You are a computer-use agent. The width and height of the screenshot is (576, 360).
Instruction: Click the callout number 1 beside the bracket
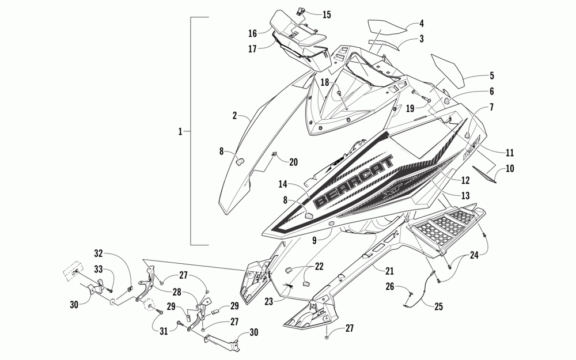click(180, 132)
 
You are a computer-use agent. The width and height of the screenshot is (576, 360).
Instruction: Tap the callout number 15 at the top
click(327, 14)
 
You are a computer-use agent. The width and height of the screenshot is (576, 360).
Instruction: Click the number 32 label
click(98, 253)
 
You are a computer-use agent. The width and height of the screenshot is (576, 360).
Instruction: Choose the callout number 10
click(510, 169)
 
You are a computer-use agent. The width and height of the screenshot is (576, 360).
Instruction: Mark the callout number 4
click(421, 24)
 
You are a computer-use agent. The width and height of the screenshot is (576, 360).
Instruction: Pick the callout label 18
click(325, 83)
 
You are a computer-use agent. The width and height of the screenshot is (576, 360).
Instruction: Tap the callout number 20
click(293, 162)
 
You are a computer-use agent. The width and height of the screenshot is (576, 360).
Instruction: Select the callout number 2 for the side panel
click(234, 116)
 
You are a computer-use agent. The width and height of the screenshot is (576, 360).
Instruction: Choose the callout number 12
click(465, 180)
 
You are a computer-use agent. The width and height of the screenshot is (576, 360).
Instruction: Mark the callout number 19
click(411, 107)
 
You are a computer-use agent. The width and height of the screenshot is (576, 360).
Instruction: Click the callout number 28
click(177, 293)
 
